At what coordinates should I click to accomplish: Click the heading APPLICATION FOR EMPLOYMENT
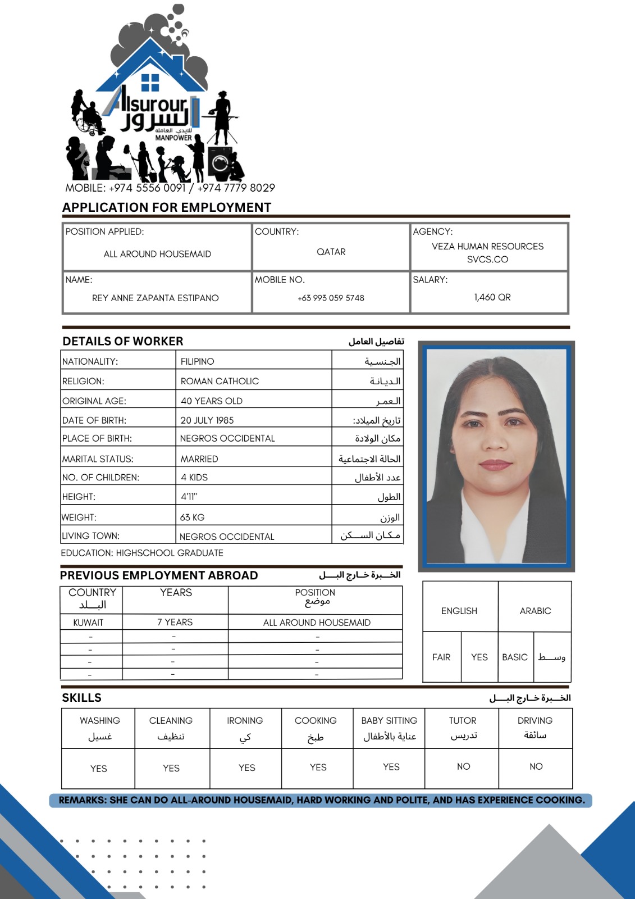167,207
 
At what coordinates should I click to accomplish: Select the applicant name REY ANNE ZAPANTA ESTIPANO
156,298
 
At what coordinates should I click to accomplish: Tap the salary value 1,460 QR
492,297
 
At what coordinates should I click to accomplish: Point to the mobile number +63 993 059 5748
331,298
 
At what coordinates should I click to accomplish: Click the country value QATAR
331,252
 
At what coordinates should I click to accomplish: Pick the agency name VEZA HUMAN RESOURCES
487,246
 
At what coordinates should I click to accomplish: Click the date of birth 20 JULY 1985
207,420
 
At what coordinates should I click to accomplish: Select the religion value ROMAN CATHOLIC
220,381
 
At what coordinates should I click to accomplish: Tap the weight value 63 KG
193,517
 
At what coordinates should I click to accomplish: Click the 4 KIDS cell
194,477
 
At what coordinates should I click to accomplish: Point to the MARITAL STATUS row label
98,459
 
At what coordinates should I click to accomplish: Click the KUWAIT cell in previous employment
89,623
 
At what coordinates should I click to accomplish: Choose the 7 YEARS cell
175,622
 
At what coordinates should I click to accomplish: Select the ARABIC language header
535,611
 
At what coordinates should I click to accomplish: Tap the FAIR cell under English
441,657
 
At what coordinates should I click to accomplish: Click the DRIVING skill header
535,720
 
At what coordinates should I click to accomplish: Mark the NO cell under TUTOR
463,766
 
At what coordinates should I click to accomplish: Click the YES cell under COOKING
318,767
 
